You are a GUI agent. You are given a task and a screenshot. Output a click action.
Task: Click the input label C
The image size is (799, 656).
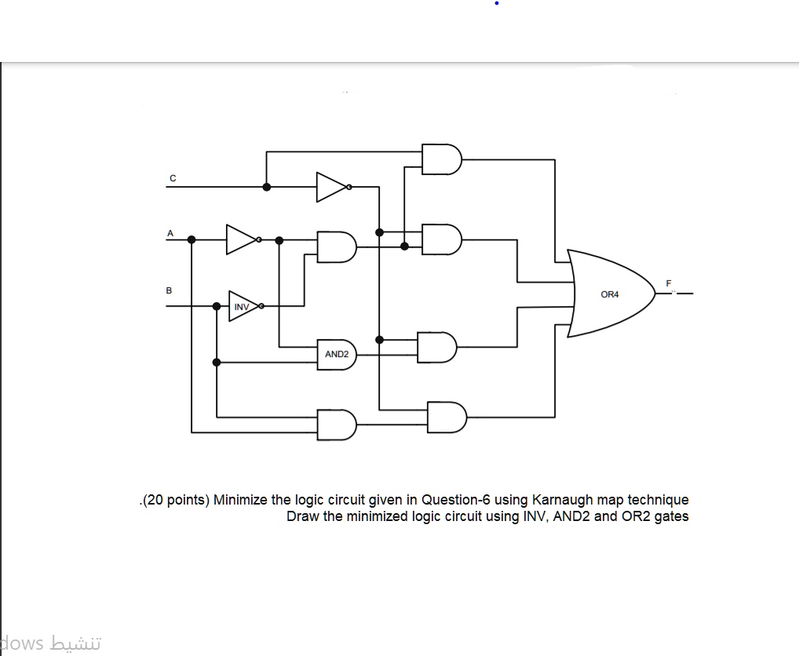tap(173, 178)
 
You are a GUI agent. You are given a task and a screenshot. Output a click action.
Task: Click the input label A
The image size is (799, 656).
tap(170, 233)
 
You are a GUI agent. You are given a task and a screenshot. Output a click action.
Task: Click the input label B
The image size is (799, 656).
tap(170, 290)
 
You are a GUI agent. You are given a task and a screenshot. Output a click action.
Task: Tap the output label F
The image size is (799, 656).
tap(669, 283)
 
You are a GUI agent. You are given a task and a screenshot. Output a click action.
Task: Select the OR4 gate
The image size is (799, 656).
tap(611, 293)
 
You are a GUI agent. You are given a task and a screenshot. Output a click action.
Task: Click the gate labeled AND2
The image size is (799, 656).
tap(337, 355)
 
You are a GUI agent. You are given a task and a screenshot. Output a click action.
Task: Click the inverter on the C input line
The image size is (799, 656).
tap(334, 187)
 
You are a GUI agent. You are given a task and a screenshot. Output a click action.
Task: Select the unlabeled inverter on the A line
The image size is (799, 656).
tap(243, 239)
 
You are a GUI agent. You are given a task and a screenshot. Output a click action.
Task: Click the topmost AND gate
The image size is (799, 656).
tap(442, 159)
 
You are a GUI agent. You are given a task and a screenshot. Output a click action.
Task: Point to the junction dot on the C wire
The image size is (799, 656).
tap(267, 187)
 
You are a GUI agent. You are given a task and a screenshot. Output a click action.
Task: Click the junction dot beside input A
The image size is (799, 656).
tap(192, 239)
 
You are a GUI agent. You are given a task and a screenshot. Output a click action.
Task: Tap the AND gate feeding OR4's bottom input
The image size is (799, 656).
tap(447, 417)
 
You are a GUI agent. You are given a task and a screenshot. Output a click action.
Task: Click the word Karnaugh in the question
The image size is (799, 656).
tap(563, 500)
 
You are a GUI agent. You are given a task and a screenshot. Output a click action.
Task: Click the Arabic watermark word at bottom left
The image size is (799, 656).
tap(75, 643)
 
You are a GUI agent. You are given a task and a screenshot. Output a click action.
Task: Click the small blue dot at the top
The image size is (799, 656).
tap(497, 3)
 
